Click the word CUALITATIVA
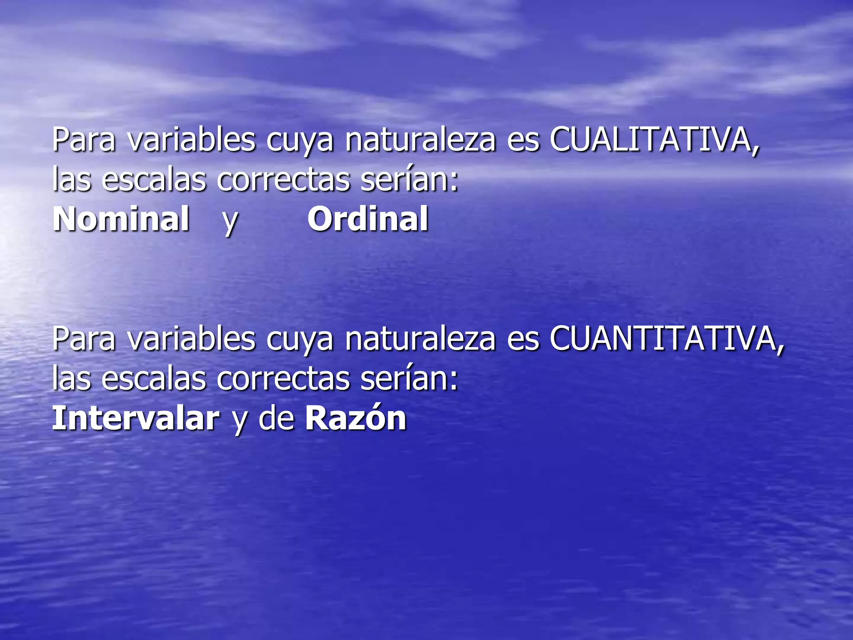pyautogui.click(x=654, y=140)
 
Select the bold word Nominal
pyautogui.click(x=121, y=219)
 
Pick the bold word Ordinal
pyautogui.click(x=368, y=219)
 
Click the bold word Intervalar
pyautogui.click(x=135, y=418)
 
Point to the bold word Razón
pyautogui.click(x=356, y=417)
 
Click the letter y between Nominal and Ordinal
pyautogui.click(x=230, y=221)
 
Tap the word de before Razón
pyautogui.click(x=277, y=418)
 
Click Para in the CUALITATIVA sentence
pyautogui.click(x=84, y=140)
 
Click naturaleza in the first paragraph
pyautogui.click(x=420, y=140)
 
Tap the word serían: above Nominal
pyautogui.click(x=409, y=180)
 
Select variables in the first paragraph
pyautogui.click(x=191, y=140)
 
